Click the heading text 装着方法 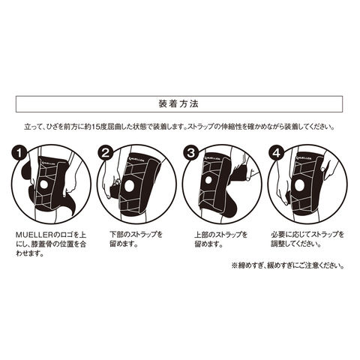[x=178, y=103]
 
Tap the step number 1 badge [x=19, y=153]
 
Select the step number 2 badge [x=105, y=153]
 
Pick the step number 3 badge [x=190, y=153]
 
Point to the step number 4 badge [x=276, y=153]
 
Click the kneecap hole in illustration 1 [x=44, y=184]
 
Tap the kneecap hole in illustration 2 [x=130, y=185]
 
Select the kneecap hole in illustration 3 [x=208, y=181]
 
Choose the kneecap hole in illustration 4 [x=299, y=185]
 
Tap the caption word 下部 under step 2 [x=116, y=235]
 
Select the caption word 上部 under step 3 [x=201, y=235]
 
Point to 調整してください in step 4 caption [x=296, y=244]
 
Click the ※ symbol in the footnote [x=234, y=265]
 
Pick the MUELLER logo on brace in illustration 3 [x=213, y=158]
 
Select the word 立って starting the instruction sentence [x=34, y=127]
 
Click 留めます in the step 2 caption [x=124, y=244]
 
